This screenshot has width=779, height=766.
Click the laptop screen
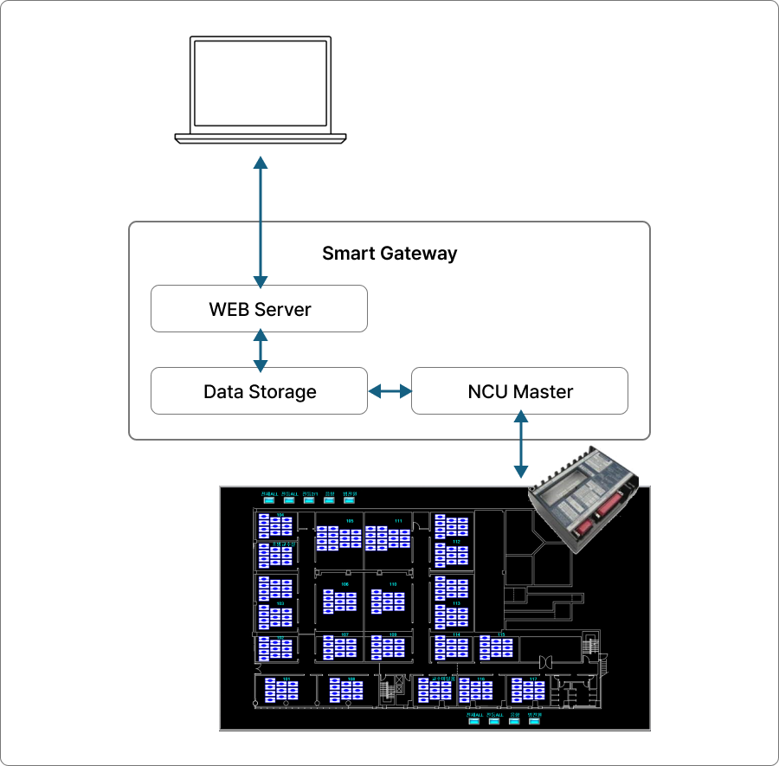261,84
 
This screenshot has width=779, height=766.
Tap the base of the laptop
261,138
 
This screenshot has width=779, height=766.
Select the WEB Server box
259,310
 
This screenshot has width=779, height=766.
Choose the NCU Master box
519,391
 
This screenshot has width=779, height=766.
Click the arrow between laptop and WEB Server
261,221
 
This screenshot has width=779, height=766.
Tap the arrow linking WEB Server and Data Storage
261,350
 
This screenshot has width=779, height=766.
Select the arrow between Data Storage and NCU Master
389,391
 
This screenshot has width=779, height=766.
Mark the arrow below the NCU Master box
520,444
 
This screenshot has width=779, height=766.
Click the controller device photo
587,497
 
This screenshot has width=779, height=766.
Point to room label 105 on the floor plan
350,521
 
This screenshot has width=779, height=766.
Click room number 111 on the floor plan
398,521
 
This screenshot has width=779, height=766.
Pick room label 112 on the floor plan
456,542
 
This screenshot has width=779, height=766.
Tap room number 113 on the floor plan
456,603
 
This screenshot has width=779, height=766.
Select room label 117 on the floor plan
533,679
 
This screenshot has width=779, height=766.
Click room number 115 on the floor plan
501,634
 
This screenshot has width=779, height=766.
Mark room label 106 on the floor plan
344,584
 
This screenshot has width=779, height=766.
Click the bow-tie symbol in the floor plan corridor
546,662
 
